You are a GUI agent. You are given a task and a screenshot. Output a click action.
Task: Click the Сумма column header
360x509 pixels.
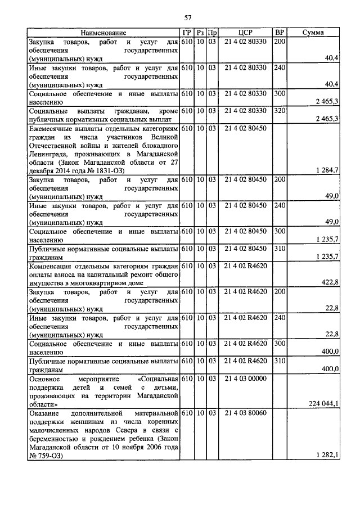tap(313, 33)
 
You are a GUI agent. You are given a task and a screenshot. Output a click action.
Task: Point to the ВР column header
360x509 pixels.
tap(279, 33)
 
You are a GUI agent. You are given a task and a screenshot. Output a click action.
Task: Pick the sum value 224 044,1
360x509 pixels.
tap(324, 403)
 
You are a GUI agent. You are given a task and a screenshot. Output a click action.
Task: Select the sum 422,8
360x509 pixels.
tap(330, 282)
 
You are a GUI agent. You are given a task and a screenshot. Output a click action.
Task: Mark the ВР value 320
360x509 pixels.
tap(279, 111)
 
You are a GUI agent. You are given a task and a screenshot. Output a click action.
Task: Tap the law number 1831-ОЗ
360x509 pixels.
tap(107, 170)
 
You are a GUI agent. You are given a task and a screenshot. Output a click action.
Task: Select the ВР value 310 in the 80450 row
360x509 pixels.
tap(279, 248)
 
